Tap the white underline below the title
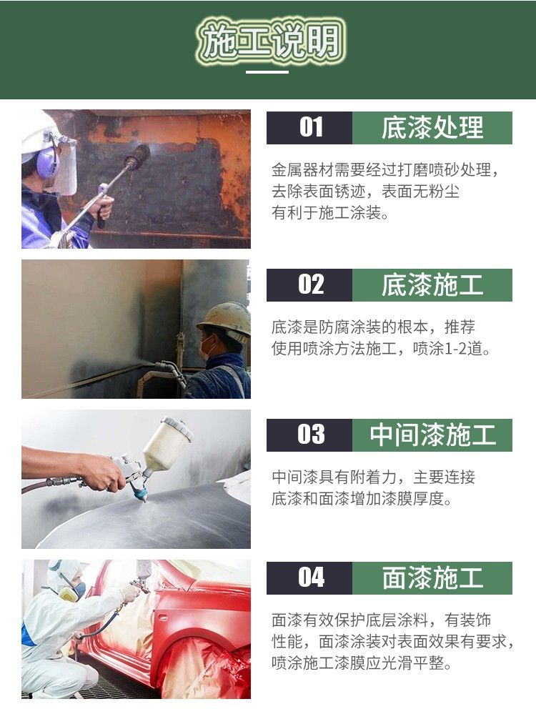(267, 71)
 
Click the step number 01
(311, 128)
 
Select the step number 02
(311, 284)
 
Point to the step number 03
(311, 435)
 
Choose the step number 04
(311, 577)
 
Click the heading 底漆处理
(432, 128)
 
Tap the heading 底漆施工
(432, 284)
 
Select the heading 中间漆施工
(432, 435)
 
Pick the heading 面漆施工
(432, 577)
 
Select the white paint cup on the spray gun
(166, 444)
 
